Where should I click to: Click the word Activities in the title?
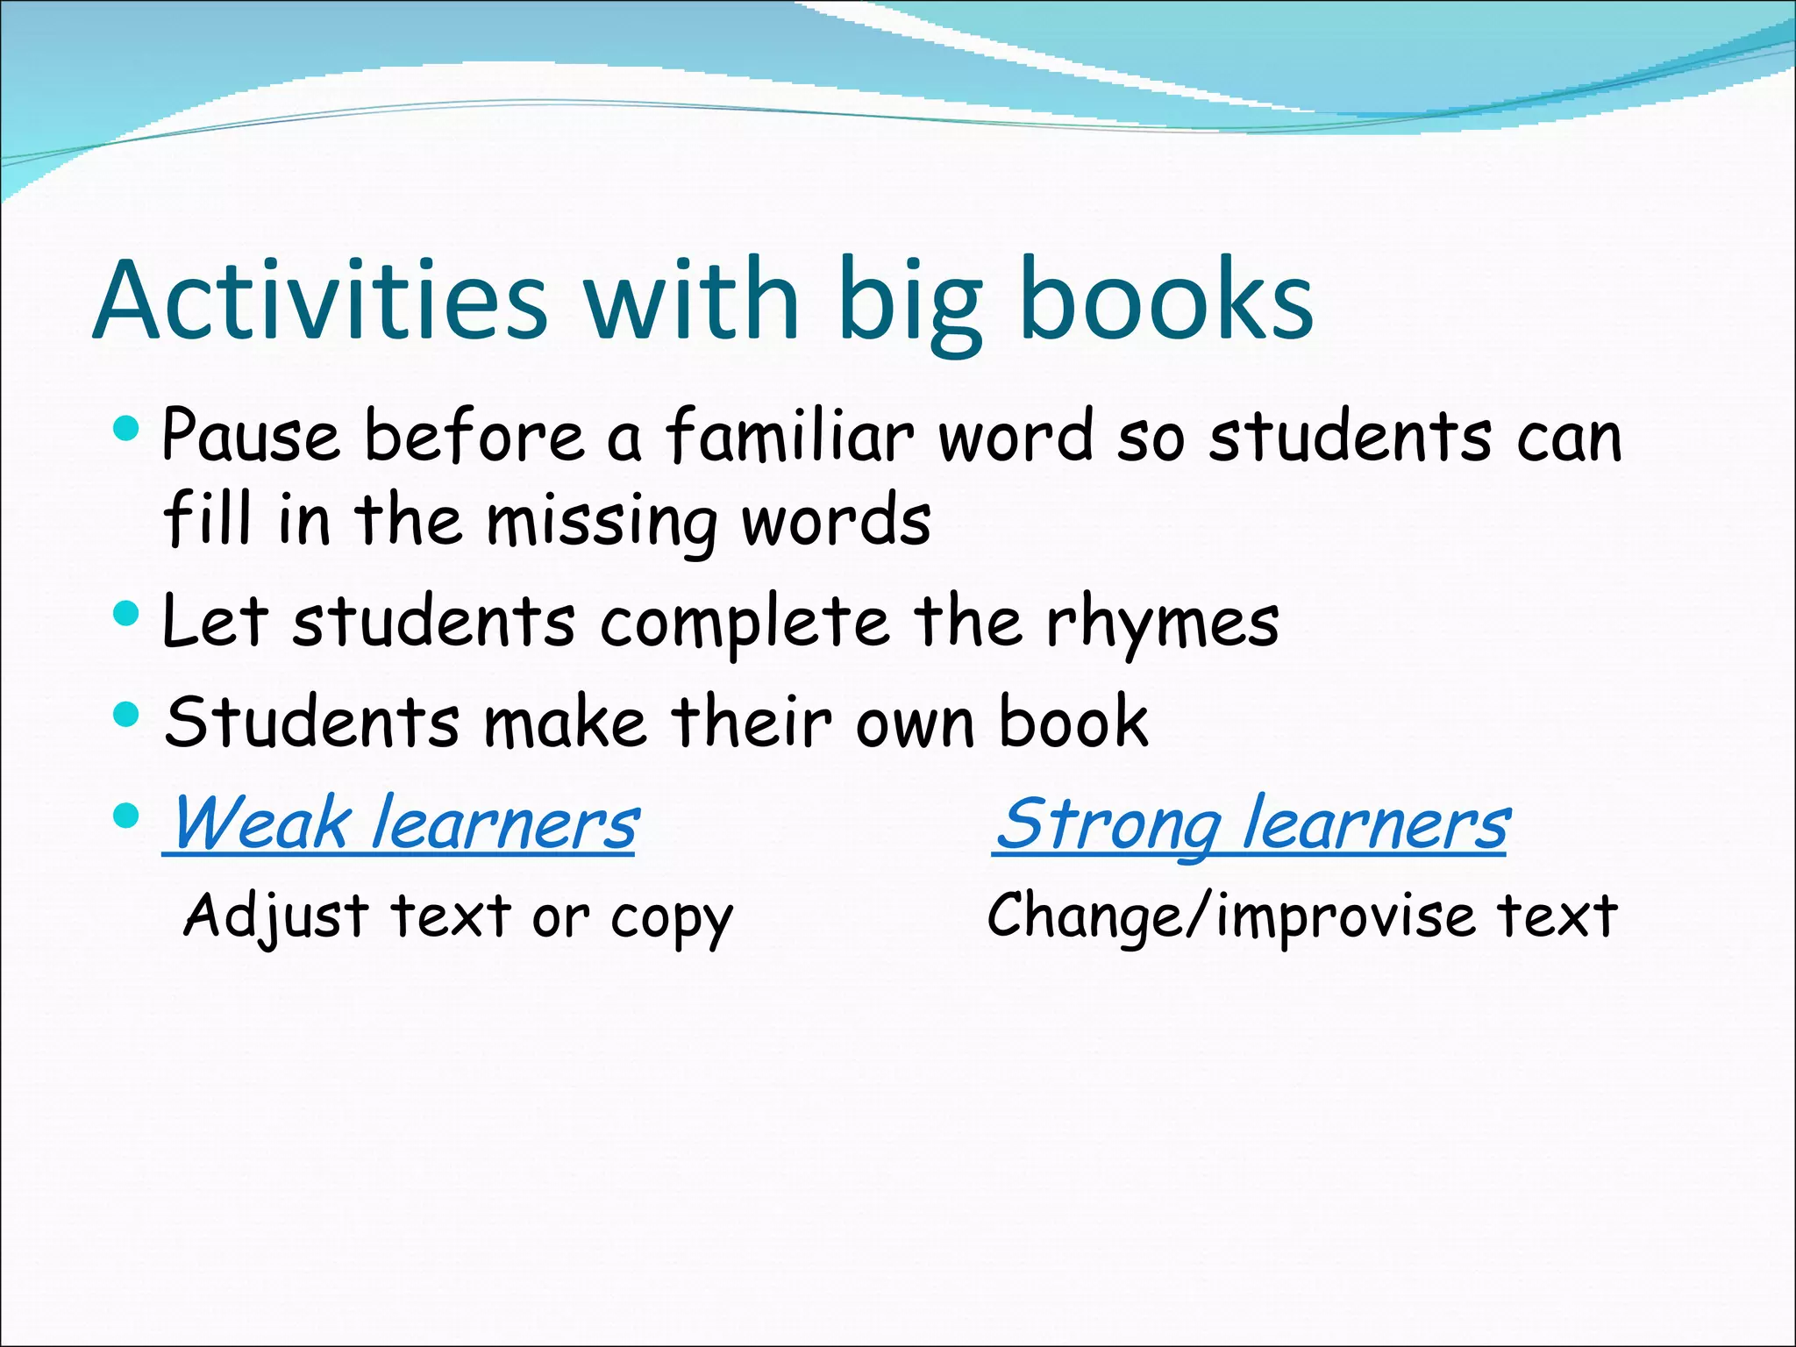click(x=320, y=301)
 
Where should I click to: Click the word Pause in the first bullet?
click(x=251, y=436)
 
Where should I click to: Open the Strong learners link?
click(x=1252, y=825)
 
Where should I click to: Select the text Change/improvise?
click(x=1231, y=917)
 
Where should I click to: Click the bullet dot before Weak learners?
click(x=127, y=816)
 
